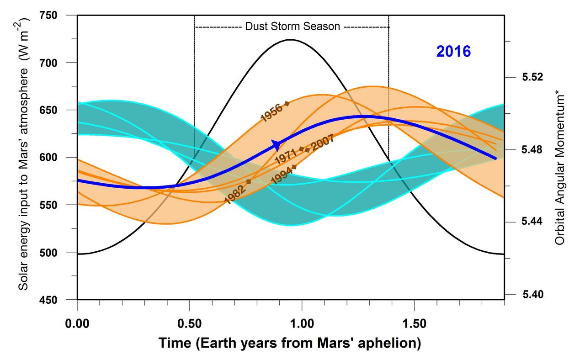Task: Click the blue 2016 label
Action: [453, 52]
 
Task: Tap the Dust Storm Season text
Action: [292, 26]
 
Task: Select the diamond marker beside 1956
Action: [287, 104]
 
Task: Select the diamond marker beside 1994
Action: [294, 167]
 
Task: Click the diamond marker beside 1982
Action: [249, 181]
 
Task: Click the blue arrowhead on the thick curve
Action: [277, 145]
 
